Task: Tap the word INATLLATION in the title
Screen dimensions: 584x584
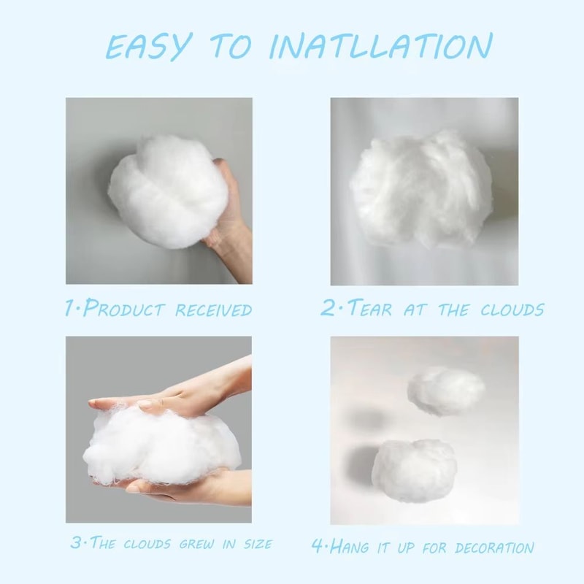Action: click(380, 46)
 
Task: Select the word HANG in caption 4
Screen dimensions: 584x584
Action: click(353, 545)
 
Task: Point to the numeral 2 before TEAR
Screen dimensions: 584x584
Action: click(328, 308)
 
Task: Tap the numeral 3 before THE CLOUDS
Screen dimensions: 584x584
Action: click(75, 544)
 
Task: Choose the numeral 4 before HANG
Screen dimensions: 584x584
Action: click(318, 546)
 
